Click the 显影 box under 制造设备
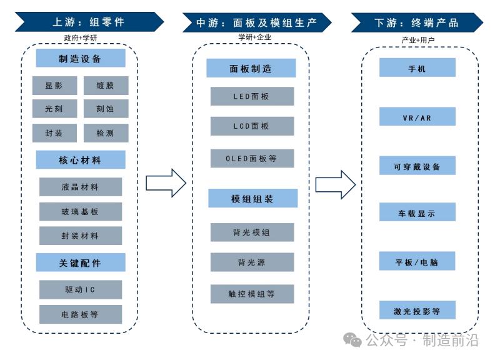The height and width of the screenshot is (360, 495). (54, 86)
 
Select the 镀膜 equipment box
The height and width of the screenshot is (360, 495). (106, 86)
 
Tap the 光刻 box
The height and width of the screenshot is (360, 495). (54, 109)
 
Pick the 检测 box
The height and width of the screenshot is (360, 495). (106, 132)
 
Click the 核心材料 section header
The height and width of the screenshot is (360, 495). (80, 160)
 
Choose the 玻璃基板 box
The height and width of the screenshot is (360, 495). (80, 212)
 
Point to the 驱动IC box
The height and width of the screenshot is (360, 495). (80, 290)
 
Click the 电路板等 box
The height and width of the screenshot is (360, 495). (80, 314)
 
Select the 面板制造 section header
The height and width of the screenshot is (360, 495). (251, 68)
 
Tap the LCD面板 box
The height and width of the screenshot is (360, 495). (252, 126)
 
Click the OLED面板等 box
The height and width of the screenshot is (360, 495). (252, 159)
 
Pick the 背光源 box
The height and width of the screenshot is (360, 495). (252, 262)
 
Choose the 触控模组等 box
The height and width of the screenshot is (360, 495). (252, 294)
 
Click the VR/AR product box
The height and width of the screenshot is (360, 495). (417, 117)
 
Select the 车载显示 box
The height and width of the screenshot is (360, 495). (417, 212)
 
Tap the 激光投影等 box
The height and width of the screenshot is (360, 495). (417, 310)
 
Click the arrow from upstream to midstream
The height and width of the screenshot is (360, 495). (166, 182)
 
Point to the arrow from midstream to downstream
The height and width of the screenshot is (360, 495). (335, 184)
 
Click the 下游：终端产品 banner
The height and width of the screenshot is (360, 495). (416, 22)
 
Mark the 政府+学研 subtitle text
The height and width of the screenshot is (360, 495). (81, 38)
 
